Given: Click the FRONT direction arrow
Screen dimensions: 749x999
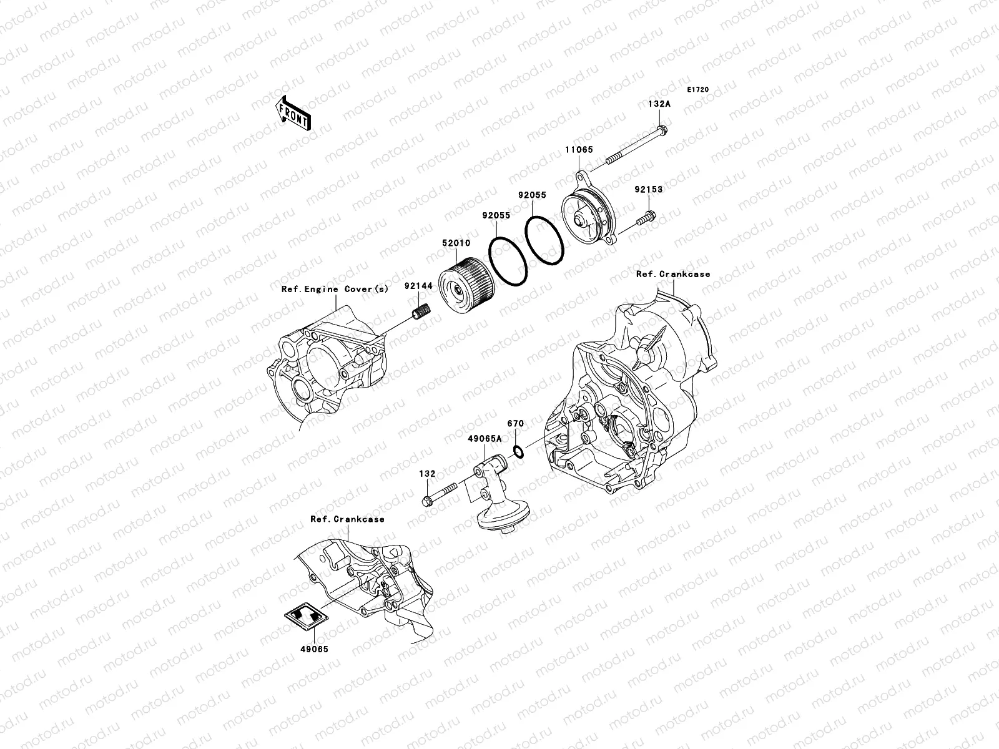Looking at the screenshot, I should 294,113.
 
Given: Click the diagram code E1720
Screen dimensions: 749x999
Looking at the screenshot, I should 697,90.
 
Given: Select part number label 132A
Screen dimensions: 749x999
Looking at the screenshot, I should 659,105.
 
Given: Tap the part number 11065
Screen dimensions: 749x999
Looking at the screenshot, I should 580,150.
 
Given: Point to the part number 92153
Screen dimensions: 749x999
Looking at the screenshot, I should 649,189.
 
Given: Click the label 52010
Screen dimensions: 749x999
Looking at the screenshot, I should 458,243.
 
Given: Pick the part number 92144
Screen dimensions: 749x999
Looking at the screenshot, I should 418,286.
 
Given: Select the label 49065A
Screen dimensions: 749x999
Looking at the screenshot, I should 485,438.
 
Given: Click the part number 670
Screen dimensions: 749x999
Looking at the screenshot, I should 515,424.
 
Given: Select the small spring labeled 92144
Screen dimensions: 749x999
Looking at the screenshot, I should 423,310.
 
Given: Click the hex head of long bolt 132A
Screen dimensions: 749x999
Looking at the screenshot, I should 662,131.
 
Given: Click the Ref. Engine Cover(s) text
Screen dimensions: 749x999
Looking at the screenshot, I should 335,289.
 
